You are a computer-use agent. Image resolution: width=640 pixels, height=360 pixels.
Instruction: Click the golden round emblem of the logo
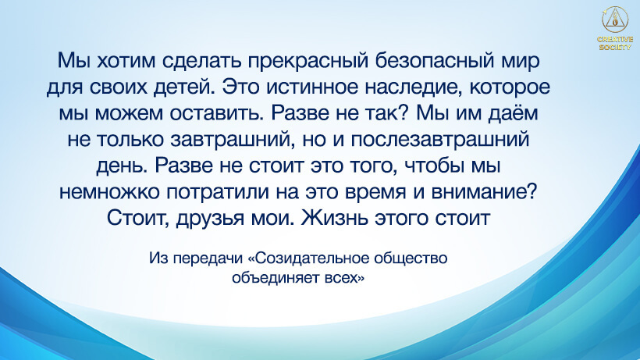[614, 19]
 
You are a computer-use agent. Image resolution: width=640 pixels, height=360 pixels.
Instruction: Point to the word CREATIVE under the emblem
[614, 39]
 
